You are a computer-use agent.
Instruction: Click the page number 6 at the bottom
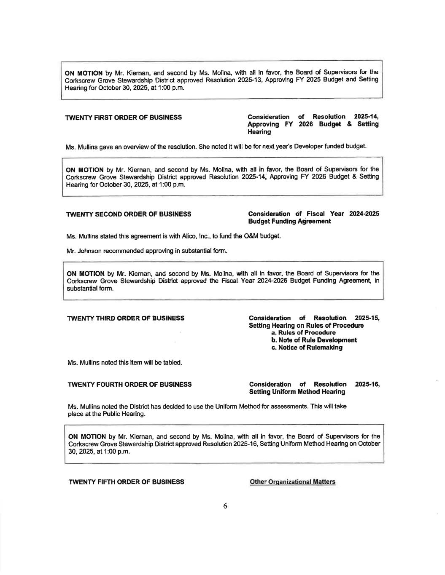225,506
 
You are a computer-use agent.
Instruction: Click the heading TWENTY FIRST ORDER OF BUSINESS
124,117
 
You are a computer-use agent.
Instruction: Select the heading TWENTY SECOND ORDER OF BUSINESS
129,214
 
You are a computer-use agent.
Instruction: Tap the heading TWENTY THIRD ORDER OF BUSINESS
126,318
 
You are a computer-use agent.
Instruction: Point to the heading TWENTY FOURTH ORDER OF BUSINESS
130,384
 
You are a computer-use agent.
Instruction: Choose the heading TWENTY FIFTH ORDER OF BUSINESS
126,481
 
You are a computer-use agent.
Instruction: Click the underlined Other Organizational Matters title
292,481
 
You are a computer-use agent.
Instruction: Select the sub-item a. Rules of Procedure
303,333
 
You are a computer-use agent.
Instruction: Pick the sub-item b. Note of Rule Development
314,340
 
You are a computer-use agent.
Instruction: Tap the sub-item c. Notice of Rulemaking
307,348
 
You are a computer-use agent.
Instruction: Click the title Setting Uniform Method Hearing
297,392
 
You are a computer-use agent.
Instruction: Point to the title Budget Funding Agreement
289,221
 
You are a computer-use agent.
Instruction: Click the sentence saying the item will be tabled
125,362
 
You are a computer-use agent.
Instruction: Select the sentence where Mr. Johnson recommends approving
147,251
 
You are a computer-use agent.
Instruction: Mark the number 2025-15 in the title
367,318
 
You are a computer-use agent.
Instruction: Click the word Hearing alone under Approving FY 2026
259,132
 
